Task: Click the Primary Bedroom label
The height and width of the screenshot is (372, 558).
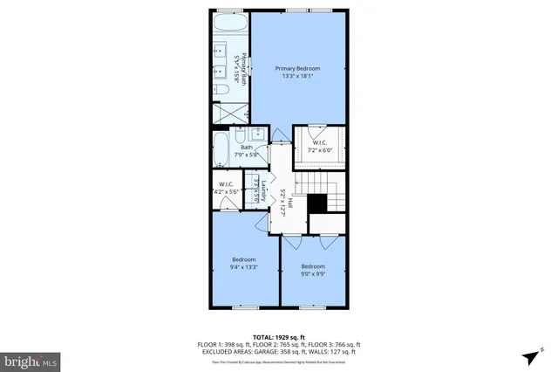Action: tap(297, 68)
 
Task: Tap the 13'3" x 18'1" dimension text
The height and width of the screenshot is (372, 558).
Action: tap(297, 77)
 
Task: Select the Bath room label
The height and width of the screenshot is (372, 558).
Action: tap(247, 148)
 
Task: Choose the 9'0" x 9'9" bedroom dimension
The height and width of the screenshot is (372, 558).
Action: tap(313, 273)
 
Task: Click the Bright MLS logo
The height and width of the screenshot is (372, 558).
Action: tap(31, 360)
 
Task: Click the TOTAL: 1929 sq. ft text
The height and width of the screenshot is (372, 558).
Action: tap(279, 336)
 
